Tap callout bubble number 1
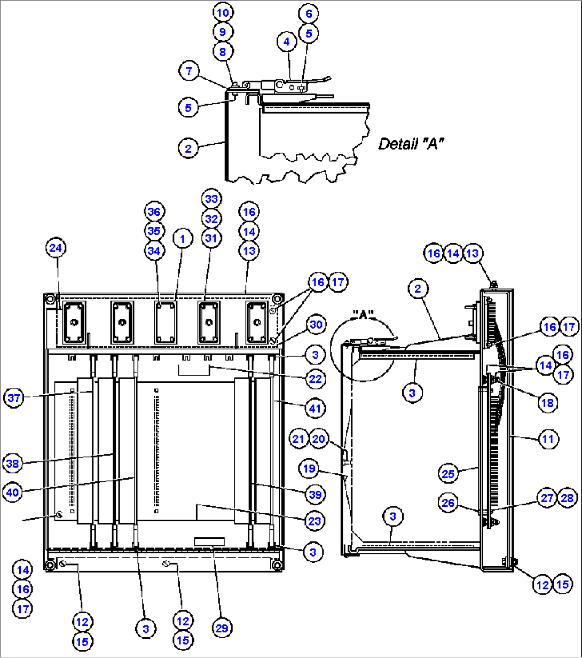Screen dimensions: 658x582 click(x=183, y=240)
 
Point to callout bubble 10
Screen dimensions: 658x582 click(x=223, y=12)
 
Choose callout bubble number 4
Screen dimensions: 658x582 click(x=287, y=41)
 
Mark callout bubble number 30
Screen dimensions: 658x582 click(x=316, y=325)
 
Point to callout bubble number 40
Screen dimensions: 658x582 click(x=15, y=492)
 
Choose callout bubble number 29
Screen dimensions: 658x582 click(x=222, y=628)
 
